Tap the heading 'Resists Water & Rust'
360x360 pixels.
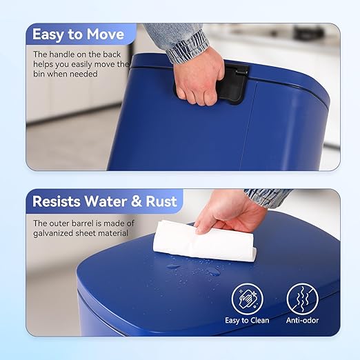point(105,201)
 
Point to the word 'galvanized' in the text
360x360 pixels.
point(57,233)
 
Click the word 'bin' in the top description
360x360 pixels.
point(41,74)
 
